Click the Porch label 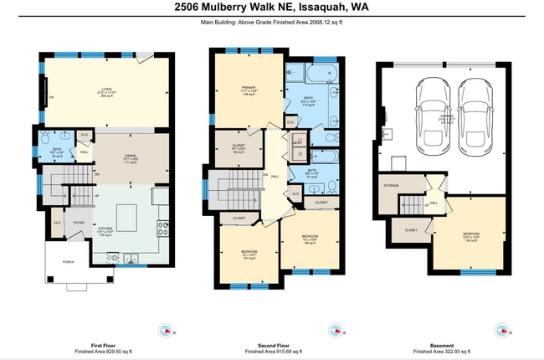click(x=67, y=260)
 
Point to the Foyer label click(x=78, y=223)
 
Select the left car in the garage click(x=432, y=112)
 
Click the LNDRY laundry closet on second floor click(x=297, y=143)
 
